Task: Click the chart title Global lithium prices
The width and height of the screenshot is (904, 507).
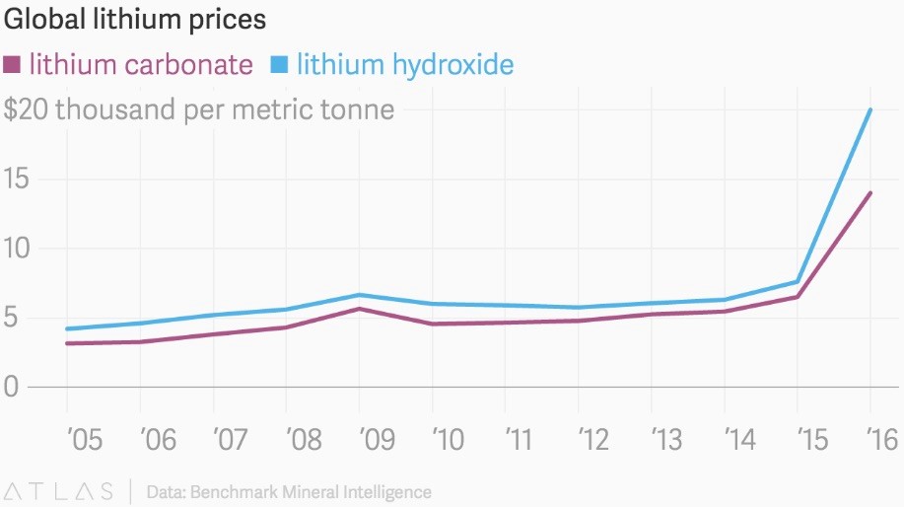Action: [x=135, y=19]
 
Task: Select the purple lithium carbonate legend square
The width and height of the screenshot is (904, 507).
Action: [x=13, y=65]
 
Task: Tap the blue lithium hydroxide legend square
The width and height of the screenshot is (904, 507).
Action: [x=280, y=65]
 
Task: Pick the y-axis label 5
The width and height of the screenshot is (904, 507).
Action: [x=12, y=319]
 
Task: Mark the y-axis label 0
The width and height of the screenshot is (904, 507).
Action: [x=12, y=388]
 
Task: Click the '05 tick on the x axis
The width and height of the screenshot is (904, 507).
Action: [x=83, y=440]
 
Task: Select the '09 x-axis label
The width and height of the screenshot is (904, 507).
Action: [x=375, y=440]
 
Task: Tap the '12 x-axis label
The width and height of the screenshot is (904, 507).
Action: [x=594, y=440]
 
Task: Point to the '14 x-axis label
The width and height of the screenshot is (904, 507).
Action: [x=740, y=440]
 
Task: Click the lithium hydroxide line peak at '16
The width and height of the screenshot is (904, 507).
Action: [x=870, y=109]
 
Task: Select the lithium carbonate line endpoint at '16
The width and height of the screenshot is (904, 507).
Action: [x=870, y=193]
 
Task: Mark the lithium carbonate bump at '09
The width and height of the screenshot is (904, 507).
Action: [x=360, y=309]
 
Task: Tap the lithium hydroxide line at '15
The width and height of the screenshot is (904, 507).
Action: [x=797, y=281]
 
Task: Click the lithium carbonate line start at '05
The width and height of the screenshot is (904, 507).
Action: [x=67, y=343]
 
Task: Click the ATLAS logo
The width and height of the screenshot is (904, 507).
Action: [x=57, y=490]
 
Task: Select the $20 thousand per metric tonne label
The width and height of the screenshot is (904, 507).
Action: [x=199, y=109]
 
